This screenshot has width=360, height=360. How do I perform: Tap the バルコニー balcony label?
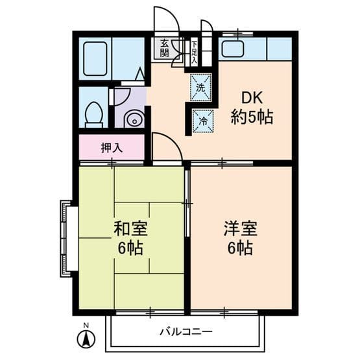tap(186, 331)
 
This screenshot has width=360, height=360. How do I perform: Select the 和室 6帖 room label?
tap(131, 238)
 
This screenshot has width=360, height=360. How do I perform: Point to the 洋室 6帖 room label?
tap(241, 238)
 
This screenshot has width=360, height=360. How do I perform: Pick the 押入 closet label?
tap(111, 148)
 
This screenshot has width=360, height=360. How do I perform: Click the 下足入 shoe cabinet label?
tap(194, 50)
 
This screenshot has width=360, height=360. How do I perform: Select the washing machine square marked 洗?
tap(200, 87)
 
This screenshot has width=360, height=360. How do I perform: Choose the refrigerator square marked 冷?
tap(202, 121)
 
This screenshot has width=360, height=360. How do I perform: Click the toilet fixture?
tap(93, 114)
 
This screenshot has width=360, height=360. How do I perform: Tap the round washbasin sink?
tap(132, 119)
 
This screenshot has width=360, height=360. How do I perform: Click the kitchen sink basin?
tap(232, 49)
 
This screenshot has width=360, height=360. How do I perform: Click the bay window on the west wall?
tap(66, 238)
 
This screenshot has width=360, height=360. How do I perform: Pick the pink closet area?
tap(111, 148)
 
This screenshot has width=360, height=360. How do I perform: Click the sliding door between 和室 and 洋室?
tap(187, 204)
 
